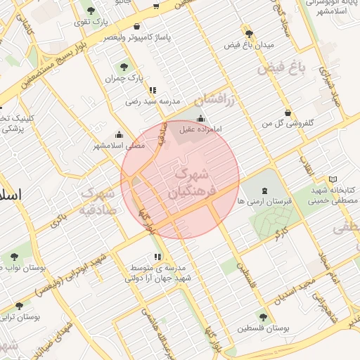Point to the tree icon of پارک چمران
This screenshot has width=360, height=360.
coord(124,67)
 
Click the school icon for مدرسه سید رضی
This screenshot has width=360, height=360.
coord(153,90)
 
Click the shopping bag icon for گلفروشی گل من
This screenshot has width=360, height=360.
coord(288,112)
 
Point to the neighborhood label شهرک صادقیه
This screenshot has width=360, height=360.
coord(97,200)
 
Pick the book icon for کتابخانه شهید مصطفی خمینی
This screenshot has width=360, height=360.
coord(333,179)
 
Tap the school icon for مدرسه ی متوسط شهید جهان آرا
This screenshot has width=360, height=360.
coord(157,257)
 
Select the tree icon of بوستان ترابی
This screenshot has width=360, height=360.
coord(18,306)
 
